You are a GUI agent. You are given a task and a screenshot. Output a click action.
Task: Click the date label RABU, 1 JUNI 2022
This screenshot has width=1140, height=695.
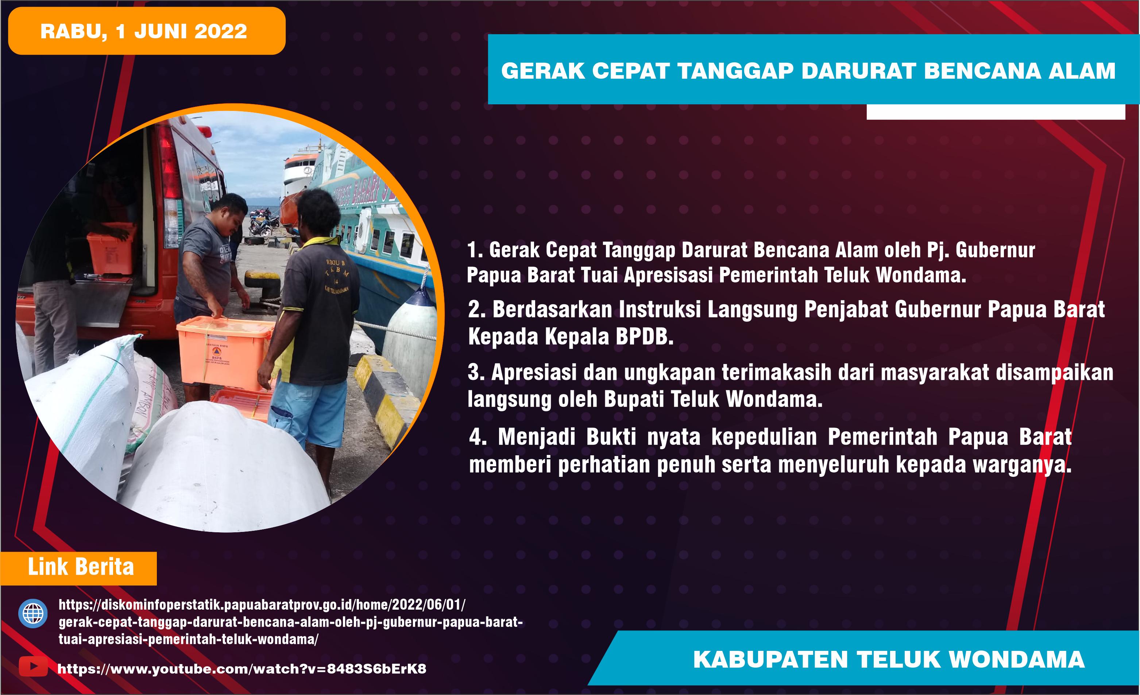pos(143,31)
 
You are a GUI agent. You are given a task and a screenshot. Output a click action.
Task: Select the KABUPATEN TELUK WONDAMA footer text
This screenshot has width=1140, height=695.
pos(888,659)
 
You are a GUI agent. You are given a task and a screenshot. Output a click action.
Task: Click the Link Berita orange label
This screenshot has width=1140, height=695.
pos(81,567)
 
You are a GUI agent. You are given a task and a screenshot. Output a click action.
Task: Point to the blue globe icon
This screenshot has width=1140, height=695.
pos(32,614)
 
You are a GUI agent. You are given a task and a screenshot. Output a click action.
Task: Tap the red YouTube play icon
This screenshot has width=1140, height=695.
pos(33,666)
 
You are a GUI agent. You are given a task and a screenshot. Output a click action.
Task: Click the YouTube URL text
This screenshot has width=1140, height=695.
pos(241,669)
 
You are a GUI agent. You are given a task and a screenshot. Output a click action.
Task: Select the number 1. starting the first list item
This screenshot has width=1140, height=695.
pos(475,250)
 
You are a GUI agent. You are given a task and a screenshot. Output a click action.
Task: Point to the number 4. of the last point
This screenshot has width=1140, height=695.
pos(477,437)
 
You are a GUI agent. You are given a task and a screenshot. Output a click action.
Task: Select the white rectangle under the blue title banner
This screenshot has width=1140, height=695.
pos(995,112)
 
